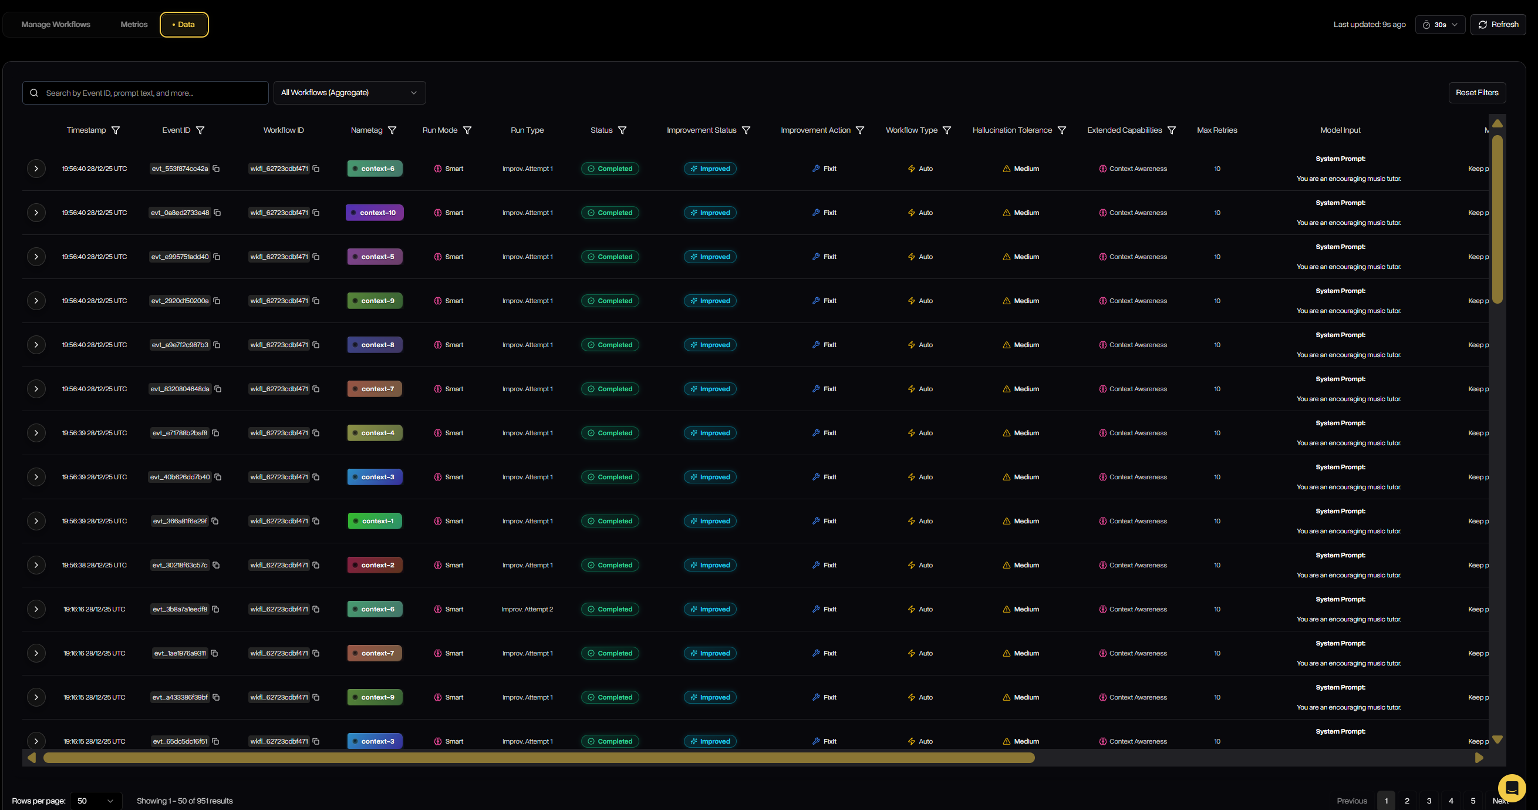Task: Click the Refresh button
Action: (1498, 25)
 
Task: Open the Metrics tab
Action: (134, 25)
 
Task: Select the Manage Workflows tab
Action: (56, 25)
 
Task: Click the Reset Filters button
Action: (1476, 93)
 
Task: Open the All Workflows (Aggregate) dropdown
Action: (349, 93)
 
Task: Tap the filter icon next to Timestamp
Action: (116, 130)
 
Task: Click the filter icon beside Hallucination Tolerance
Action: (1061, 130)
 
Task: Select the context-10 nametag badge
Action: (375, 213)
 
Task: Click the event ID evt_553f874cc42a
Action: (180, 169)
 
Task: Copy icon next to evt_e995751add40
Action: (217, 257)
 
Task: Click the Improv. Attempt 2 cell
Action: (527, 609)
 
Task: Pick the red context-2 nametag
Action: (375, 565)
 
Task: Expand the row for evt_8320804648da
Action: (36, 389)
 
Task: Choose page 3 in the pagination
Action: (1429, 801)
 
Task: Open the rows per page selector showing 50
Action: (96, 801)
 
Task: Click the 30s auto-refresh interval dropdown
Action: (1439, 25)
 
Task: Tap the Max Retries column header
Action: (1217, 130)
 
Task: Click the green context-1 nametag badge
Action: (375, 521)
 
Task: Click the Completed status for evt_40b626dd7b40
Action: (609, 477)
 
